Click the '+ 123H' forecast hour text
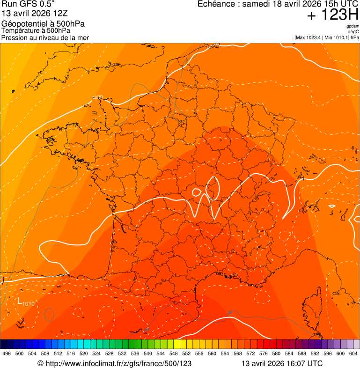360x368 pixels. pos(332,15)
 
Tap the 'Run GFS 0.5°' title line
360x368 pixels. pos(28,5)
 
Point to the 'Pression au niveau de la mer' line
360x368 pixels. pos(45,37)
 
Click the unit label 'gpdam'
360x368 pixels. pos(353,26)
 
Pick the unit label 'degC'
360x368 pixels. pos(353,31)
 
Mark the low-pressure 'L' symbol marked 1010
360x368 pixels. pos(20,301)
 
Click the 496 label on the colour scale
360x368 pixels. pos(7,354)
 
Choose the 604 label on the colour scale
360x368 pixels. pos(353,354)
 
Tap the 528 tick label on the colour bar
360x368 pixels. pos(109,354)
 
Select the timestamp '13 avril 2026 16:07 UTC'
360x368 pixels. pos(282,363)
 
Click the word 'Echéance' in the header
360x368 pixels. pos(216,4)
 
